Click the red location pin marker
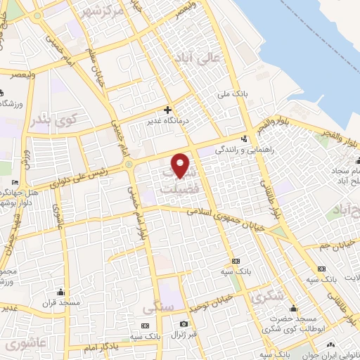pyautogui.click(x=181, y=165)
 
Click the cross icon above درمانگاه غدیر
pyautogui.click(x=167, y=109)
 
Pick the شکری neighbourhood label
pyautogui.click(x=267, y=297)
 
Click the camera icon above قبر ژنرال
pyautogui.click(x=184, y=323)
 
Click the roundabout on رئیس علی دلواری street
pyautogui.click(x=129, y=165)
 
